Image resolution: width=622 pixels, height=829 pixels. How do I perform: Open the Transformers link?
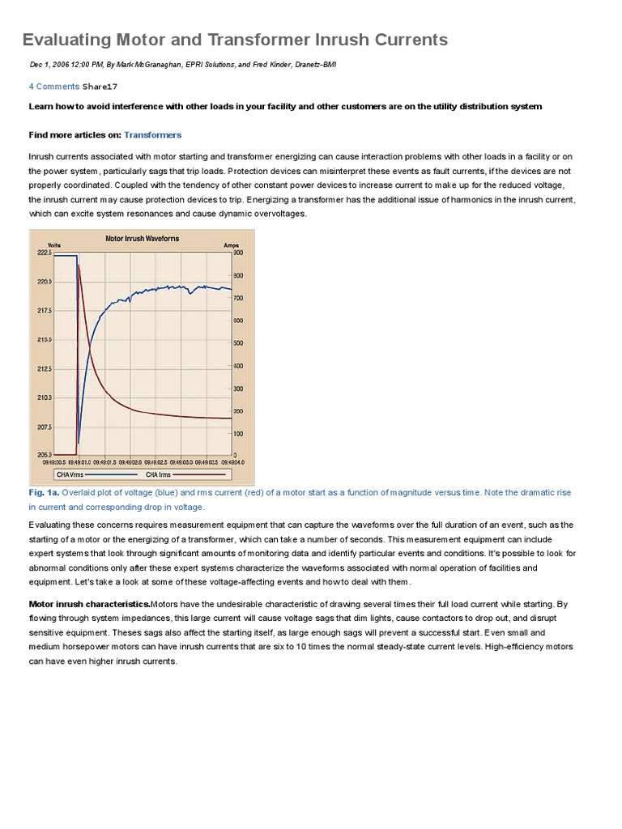(152, 134)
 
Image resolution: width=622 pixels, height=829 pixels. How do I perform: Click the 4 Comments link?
(53, 86)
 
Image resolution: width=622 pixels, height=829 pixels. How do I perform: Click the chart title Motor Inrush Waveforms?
(143, 239)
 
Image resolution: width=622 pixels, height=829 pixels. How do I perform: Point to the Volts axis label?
(54, 244)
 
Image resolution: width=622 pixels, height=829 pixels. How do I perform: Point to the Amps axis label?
(231, 244)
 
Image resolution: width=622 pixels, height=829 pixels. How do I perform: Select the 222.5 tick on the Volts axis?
(44, 253)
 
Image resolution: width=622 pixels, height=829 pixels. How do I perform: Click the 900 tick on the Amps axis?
(238, 253)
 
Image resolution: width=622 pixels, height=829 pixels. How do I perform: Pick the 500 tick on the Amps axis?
(238, 343)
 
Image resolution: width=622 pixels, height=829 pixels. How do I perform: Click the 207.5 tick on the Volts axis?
(44, 427)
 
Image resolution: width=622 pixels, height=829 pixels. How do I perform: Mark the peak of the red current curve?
(79, 264)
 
